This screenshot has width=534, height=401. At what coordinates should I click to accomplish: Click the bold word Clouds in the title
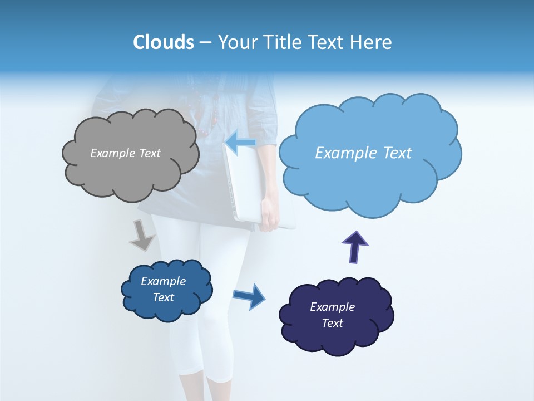(163, 42)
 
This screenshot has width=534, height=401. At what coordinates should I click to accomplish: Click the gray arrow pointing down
(141, 235)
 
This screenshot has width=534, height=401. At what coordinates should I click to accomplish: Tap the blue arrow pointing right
(249, 296)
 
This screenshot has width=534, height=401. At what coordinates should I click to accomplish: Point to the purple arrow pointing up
(354, 247)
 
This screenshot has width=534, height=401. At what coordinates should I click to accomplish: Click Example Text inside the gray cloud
(125, 153)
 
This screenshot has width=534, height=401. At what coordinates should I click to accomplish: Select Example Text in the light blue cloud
(363, 153)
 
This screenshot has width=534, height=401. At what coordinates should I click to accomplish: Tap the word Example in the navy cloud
(332, 307)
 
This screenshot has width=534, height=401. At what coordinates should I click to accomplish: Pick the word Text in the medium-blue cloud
(164, 297)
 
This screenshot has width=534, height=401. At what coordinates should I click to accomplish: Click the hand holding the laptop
(269, 217)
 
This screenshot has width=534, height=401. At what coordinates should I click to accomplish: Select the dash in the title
(205, 43)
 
